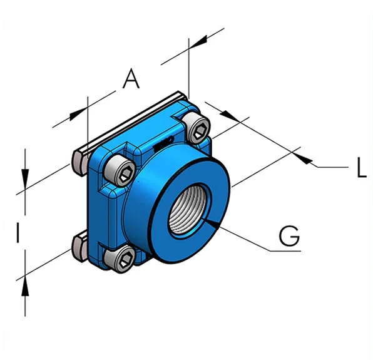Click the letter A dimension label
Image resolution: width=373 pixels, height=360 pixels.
click(x=131, y=78)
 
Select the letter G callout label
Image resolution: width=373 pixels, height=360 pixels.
click(x=289, y=236)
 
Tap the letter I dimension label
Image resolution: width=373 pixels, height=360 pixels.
click(x=18, y=232)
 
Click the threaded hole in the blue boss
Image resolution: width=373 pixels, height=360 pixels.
click(x=188, y=210)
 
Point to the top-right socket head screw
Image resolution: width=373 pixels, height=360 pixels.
click(x=196, y=128)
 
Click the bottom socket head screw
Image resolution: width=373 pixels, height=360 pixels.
click(x=120, y=259)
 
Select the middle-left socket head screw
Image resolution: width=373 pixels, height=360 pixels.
click(x=120, y=170)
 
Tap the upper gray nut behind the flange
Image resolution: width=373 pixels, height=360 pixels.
click(x=80, y=163)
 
